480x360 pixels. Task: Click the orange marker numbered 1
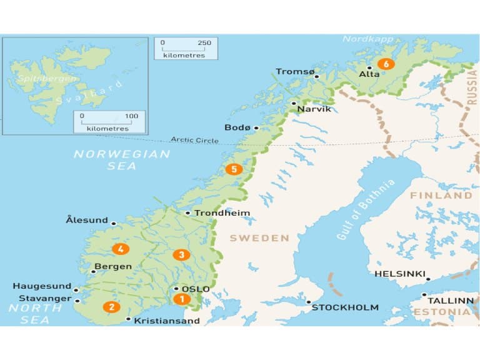[x=182, y=299]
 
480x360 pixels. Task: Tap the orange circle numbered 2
[x=112, y=307]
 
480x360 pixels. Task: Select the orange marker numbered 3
[x=181, y=254]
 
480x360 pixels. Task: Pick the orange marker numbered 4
[x=120, y=249]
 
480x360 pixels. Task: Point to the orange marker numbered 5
[x=234, y=169]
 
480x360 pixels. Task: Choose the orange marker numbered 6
[x=386, y=64]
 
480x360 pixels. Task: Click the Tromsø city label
[x=295, y=72]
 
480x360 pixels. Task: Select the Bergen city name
[x=112, y=266]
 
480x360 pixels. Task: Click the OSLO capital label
[x=196, y=289]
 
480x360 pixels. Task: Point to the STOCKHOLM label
[x=345, y=307]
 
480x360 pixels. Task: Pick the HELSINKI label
[x=400, y=274]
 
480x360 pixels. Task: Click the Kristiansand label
[x=167, y=321]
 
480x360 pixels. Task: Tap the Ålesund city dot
[x=114, y=223]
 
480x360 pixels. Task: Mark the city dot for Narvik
[x=294, y=103]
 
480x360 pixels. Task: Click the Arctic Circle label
[x=195, y=140]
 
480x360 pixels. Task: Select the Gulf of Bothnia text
[x=366, y=210]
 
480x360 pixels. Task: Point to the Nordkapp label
[x=363, y=39]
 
